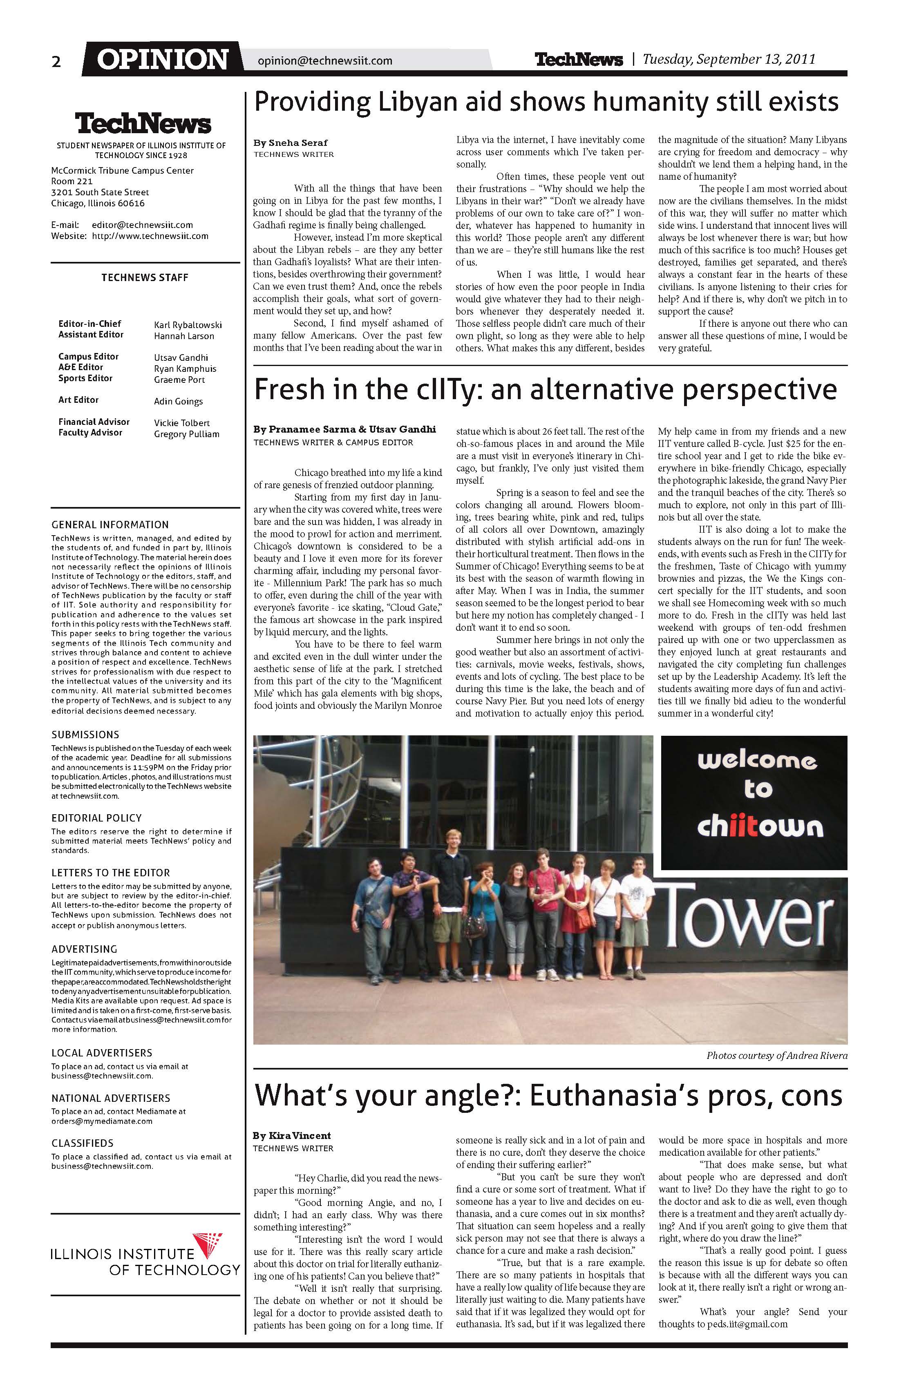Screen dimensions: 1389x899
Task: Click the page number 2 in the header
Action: pyautogui.click(x=56, y=62)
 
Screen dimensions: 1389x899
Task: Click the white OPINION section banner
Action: pyautogui.click(x=162, y=60)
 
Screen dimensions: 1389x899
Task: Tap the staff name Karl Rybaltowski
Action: pyautogui.click(x=188, y=325)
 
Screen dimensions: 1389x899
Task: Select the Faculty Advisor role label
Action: pyautogui.click(x=90, y=433)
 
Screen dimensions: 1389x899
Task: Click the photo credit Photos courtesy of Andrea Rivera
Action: pyautogui.click(x=776, y=1055)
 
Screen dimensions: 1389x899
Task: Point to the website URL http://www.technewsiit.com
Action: pyautogui.click(x=150, y=237)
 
